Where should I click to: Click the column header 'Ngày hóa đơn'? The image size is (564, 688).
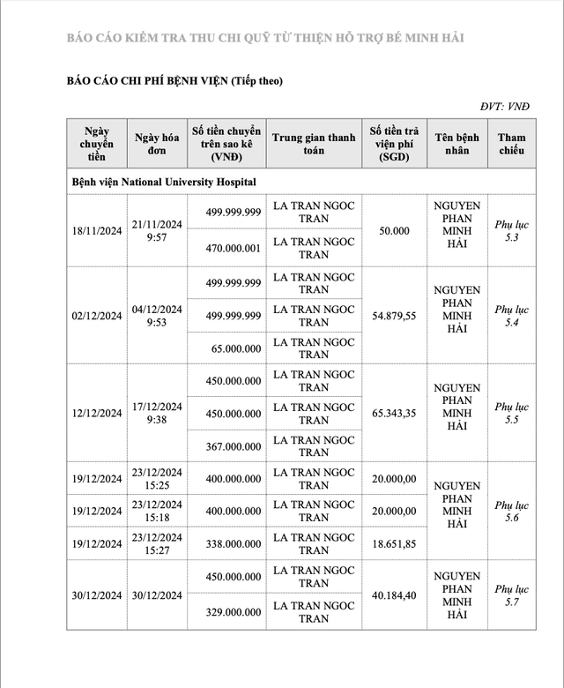click(158, 144)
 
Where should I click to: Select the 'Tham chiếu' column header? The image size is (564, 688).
click(511, 144)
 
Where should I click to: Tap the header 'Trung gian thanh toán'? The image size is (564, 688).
click(314, 144)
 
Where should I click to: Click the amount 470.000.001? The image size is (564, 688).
click(234, 248)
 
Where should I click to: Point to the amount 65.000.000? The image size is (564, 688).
click(236, 348)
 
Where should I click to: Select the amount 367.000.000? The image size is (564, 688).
click(234, 446)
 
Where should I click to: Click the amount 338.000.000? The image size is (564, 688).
click(234, 544)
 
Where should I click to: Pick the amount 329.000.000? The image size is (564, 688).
click(234, 611)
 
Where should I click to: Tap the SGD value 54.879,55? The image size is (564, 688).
click(394, 315)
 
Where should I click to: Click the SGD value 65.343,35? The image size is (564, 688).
click(394, 413)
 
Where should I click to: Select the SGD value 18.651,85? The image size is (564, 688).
click(394, 544)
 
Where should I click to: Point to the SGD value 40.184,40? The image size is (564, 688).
click(394, 594)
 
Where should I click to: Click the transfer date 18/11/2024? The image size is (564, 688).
click(97, 231)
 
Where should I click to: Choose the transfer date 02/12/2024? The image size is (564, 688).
click(97, 315)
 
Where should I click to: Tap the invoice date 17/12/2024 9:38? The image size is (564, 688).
click(158, 413)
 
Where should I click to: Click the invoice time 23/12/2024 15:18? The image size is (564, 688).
click(158, 512)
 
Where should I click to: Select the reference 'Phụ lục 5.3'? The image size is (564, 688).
click(511, 231)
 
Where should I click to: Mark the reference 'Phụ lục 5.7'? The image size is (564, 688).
click(511, 595)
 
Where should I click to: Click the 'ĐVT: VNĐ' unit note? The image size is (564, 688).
click(505, 107)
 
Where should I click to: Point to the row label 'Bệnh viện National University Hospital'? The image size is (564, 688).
click(164, 181)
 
